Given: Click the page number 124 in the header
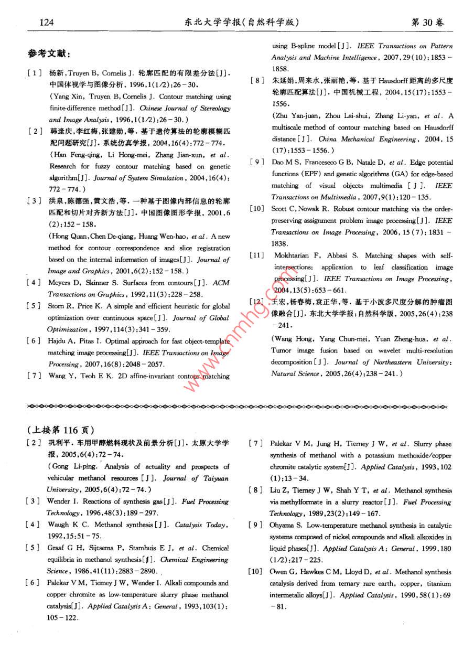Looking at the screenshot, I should coord(47,22).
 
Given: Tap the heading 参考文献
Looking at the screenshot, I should coord(49,54).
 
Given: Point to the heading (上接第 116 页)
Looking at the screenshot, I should coord(61,429).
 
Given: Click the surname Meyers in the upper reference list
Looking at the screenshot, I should coord(60,283).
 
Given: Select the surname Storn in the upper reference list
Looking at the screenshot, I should coord(56,306).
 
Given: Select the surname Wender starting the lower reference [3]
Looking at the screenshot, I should coord(59,501).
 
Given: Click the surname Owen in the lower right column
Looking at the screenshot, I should coord(279,572).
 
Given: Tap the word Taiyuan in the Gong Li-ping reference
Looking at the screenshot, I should coord(216,478).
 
